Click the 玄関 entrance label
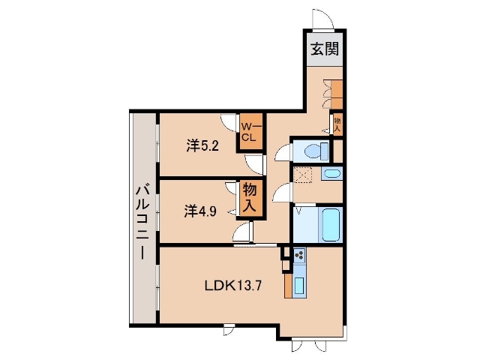(325, 49)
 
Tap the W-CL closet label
(250, 132)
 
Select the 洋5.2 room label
(202, 145)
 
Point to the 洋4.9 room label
(200, 211)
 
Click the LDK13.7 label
(233, 286)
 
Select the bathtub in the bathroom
(331, 224)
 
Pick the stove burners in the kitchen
(299, 255)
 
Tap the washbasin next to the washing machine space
(331, 174)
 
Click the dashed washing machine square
(301, 175)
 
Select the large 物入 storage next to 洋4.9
(250, 198)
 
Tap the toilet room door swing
(282, 152)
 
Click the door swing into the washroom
(281, 193)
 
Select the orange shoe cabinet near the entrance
(337, 94)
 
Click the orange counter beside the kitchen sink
(288, 286)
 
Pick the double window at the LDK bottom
(309, 345)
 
